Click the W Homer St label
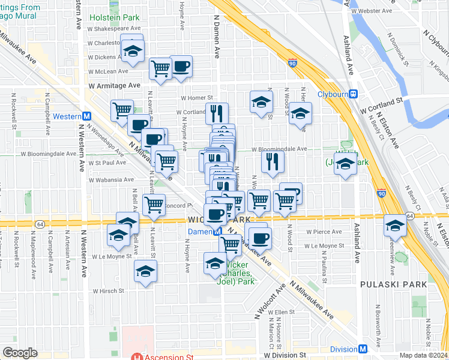coord(197,98)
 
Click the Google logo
coord(20,353)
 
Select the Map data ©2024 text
coord(423,355)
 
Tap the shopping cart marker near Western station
coord(122,110)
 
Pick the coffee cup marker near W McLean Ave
coord(181,66)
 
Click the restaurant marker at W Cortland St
coord(217,112)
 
